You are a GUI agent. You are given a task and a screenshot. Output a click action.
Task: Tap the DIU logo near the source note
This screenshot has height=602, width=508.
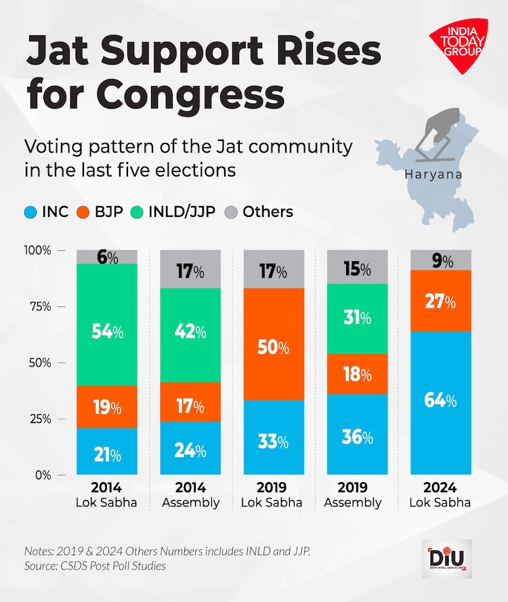click(x=446, y=559)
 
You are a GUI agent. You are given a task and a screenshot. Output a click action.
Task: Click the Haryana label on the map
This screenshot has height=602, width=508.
click(x=433, y=174)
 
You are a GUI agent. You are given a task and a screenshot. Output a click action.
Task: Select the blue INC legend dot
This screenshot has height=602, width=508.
click(x=30, y=212)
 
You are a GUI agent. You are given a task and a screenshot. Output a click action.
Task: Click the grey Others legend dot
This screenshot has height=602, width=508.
click(x=232, y=212)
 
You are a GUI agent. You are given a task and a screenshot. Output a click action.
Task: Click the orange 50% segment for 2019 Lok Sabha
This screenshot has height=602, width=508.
click(x=273, y=344)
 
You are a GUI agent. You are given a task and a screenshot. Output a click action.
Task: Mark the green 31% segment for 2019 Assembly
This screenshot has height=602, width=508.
click(x=357, y=319)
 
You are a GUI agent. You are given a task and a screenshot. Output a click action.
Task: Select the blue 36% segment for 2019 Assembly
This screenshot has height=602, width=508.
click(x=357, y=434)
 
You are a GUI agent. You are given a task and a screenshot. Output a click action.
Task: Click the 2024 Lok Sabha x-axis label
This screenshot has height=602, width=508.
click(x=441, y=495)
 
